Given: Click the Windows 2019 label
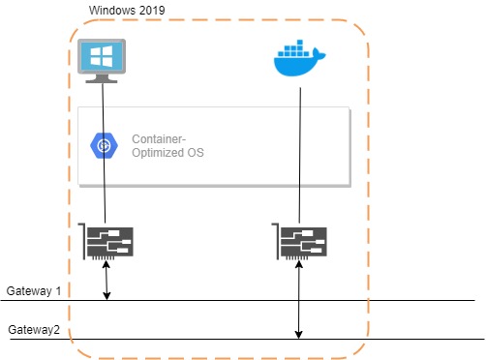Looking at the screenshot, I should pyautogui.click(x=126, y=11).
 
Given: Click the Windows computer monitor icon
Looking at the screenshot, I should pyautogui.click(x=102, y=62).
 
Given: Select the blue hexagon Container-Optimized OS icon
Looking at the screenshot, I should pyautogui.click(x=104, y=145).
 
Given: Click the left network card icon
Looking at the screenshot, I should pyautogui.click(x=108, y=241).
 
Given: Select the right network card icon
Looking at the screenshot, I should pyautogui.click(x=300, y=241).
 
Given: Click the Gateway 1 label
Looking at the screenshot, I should pyautogui.click(x=34, y=291).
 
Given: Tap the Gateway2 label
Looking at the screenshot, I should pyautogui.click(x=35, y=330).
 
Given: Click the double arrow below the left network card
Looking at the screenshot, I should pyautogui.click(x=107, y=281).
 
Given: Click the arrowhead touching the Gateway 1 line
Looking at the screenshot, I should pyautogui.click(x=107, y=295).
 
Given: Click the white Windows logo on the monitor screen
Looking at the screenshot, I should pyautogui.click(x=102, y=56).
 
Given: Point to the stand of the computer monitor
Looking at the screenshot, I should pyautogui.click(x=102, y=79).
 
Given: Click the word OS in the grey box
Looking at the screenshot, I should pyautogui.click(x=195, y=153).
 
